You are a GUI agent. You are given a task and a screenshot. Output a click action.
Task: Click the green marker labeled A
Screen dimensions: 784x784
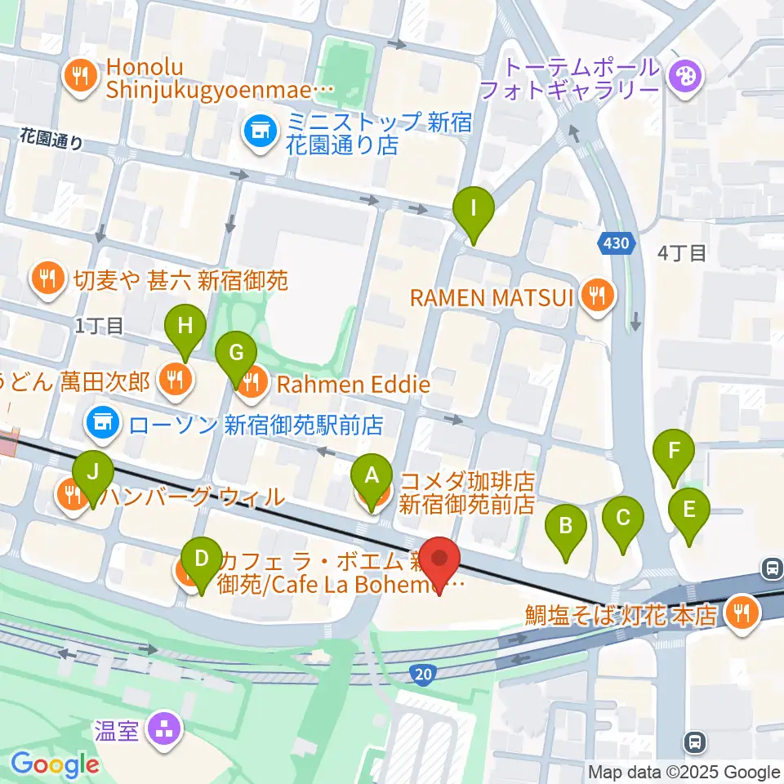pyautogui.click(x=372, y=475)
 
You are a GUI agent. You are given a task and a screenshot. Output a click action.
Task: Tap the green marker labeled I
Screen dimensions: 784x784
pyautogui.click(x=474, y=209)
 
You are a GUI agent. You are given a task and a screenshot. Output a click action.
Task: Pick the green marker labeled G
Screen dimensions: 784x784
pyautogui.click(x=236, y=354)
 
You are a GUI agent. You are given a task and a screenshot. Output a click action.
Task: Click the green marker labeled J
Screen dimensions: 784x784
pyautogui.click(x=93, y=473)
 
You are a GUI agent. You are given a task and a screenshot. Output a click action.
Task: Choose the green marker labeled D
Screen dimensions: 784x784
pyautogui.click(x=200, y=560)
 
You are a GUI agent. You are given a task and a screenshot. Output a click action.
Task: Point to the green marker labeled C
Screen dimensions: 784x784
pyautogui.click(x=623, y=518)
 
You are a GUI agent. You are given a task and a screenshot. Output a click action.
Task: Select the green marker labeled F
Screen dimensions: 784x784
pyautogui.click(x=674, y=451)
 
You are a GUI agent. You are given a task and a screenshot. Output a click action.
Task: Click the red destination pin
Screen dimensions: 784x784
pyautogui.click(x=439, y=560)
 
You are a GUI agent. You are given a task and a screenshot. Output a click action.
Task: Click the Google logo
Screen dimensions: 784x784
pyautogui.click(x=54, y=764)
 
